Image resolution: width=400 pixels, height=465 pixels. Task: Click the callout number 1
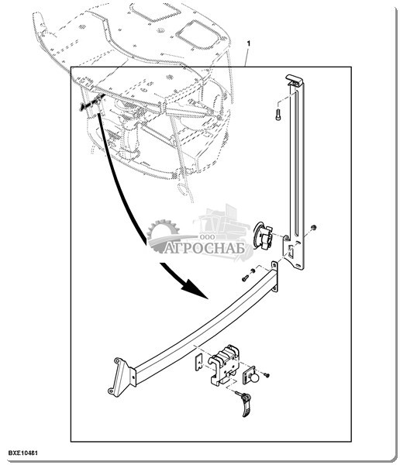[249, 43]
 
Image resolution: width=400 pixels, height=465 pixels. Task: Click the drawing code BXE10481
[22, 453]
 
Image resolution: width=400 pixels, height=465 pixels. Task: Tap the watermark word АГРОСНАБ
[205, 248]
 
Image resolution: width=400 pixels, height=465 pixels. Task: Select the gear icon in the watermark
[164, 230]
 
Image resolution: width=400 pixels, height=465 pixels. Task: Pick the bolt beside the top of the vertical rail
[278, 114]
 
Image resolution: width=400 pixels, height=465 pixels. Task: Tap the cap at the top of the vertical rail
[294, 80]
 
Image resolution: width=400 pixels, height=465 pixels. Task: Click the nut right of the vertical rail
[313, 227]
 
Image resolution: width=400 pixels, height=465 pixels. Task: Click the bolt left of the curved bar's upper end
[245, 278]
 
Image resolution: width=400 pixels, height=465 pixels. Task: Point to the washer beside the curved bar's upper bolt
[253, 271]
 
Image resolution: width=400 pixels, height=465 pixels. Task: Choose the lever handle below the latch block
[246, 405]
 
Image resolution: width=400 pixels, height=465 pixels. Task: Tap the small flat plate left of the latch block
[198, 361]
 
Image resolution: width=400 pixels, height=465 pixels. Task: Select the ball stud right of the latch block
[252, 376]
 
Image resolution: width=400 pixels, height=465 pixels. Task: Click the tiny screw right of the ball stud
[267, 376]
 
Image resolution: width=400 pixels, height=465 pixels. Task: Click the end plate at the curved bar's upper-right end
[275, 277]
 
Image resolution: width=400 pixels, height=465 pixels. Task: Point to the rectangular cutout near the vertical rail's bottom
[291, 252]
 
